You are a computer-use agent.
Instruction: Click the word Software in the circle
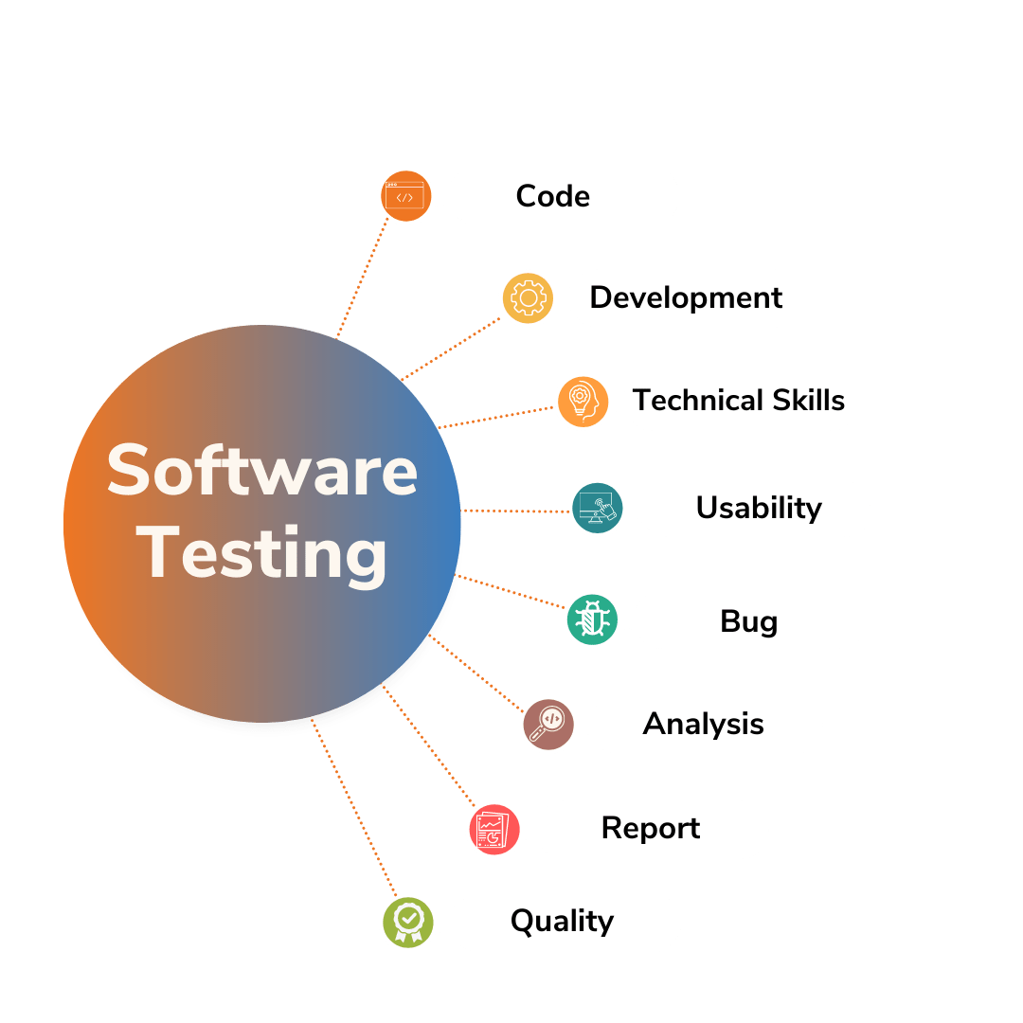tap(262, 470)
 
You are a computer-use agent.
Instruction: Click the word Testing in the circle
tap(266, 554)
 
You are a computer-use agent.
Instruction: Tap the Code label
tap(552, 196)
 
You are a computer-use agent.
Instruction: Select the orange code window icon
tap(405, 197)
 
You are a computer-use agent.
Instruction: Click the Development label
tap(686, 297)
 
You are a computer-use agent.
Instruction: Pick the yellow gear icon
tap(527, 298)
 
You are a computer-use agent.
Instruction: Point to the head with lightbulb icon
tap(582, 402)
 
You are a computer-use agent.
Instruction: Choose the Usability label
tap(759, 508)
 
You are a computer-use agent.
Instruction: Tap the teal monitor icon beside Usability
tap(598, 508)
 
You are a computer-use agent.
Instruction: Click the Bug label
tap(748, 621)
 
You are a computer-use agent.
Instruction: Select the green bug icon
tap(592, 620)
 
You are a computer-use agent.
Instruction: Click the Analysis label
tap(703, 725)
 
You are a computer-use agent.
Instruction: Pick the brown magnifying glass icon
tap(548, 725)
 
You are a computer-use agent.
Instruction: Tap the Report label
tap(651, 829)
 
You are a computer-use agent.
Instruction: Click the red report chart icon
tap(494, 830)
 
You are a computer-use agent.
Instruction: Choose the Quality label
tap(562, 921)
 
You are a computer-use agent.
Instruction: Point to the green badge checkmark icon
tap(407, 921)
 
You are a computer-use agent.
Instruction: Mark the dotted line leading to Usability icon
tap(516, 511)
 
